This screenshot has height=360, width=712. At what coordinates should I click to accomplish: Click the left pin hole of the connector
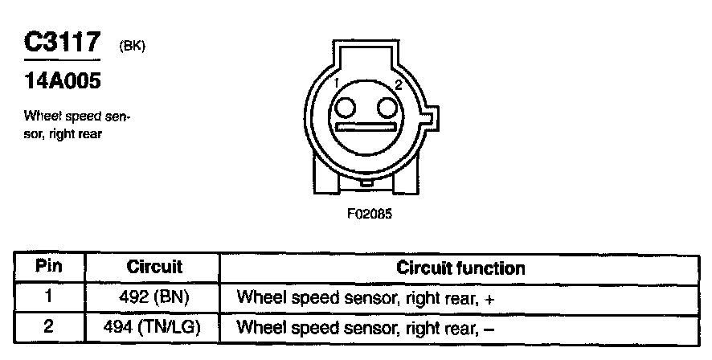point(346,108)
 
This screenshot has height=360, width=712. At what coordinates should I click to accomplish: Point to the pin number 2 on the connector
point(397,84)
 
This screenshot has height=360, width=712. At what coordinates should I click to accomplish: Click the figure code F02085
point(369,215)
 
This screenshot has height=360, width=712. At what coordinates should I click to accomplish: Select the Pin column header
point(49,267)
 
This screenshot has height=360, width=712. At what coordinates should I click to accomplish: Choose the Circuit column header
point(154,267)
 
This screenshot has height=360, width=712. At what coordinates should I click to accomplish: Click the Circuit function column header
point(460,268)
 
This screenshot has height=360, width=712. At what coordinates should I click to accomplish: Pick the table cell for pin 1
point(49,297)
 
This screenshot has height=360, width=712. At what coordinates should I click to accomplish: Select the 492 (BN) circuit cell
point(154,297)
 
